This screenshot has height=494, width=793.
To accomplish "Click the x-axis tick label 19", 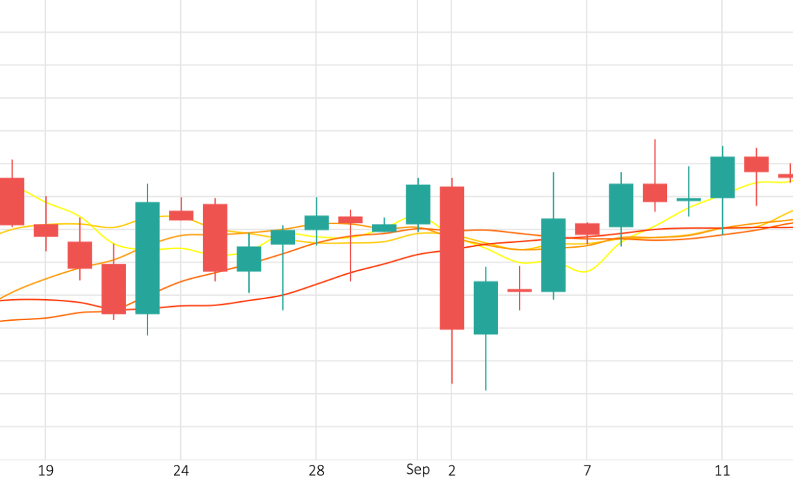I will pos(45,471).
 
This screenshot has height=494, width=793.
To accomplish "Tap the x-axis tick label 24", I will pos(181,471).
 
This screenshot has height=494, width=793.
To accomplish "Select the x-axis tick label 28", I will pos(317,471).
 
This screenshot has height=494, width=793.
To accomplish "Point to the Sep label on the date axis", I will pos(418,470).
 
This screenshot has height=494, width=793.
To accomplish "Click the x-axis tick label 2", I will pos(452,471).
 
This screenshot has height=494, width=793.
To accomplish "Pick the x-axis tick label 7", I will pos(587,471).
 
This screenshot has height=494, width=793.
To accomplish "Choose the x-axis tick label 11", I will pos(723,471).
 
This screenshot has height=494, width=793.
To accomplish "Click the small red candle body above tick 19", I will pos(46,230).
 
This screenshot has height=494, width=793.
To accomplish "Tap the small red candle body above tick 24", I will pos(181,216).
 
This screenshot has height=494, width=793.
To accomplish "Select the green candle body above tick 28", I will pos(317,223).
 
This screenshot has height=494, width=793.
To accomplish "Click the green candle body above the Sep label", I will pos(418,205).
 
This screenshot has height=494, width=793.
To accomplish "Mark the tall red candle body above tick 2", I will pos(452,257).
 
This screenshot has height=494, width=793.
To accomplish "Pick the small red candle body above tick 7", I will pos(587,229).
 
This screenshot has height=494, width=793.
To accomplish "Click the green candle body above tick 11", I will pos(723,177).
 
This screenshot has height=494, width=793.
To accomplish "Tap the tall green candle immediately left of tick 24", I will pos(147,257).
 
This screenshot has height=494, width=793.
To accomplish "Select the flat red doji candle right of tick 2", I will pos(520,290).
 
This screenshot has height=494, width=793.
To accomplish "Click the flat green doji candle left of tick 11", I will pos(689,200).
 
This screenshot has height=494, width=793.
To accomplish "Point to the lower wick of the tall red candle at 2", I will pos(452,356).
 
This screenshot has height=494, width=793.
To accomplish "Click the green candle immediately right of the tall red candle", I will pos(486,308).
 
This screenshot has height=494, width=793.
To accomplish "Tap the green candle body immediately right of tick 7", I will pos(621,205).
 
